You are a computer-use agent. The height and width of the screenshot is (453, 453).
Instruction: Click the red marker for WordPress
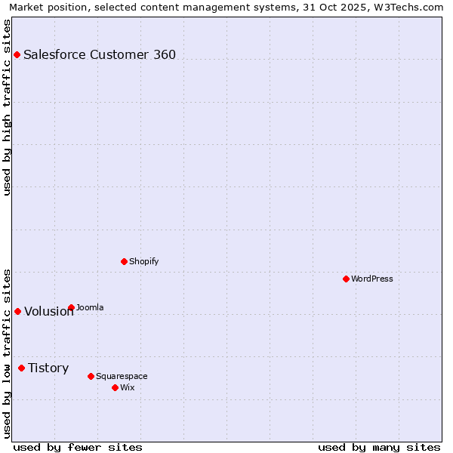[x=346, y=279]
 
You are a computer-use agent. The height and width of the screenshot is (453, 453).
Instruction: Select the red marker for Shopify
[x=124, y=261]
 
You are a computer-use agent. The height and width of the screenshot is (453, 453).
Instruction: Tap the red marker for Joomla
[x=71, y=307]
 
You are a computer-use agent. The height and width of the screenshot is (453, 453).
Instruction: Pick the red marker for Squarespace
[x=91, y=376]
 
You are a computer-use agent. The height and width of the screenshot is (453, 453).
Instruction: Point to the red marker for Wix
[x=115, y=387]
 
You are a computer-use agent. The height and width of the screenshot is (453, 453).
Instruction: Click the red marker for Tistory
[x=21, y=368]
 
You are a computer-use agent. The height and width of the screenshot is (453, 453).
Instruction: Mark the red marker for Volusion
[x=17, y=311]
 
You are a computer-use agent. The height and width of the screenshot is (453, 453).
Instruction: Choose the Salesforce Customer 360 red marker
[x=17, y=54]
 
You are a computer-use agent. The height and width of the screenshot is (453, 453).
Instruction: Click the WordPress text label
[x=371, y=279]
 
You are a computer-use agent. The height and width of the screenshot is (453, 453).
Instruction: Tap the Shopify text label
[x=143, y=261]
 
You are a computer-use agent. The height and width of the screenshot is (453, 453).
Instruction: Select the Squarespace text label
[x=122, y=376]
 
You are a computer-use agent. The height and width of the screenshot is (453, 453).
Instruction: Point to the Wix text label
[x=127, y=387]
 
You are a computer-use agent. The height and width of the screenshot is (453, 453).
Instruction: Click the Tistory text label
[x=48, y=368]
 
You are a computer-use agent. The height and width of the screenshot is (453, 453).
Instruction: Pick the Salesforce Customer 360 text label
[x=100, y=54]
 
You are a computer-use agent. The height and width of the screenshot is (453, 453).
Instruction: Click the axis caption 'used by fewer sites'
[x=77, y=447]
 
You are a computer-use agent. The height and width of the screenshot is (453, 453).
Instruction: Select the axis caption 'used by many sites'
[x=379, y=447]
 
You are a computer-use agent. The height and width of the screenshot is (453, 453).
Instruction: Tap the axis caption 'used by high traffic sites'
[x=7, y=107]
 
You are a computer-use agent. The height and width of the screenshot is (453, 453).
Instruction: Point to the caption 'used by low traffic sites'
[x=7, y=353]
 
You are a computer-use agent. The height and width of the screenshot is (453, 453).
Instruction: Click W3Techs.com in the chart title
[x=411, y=7]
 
